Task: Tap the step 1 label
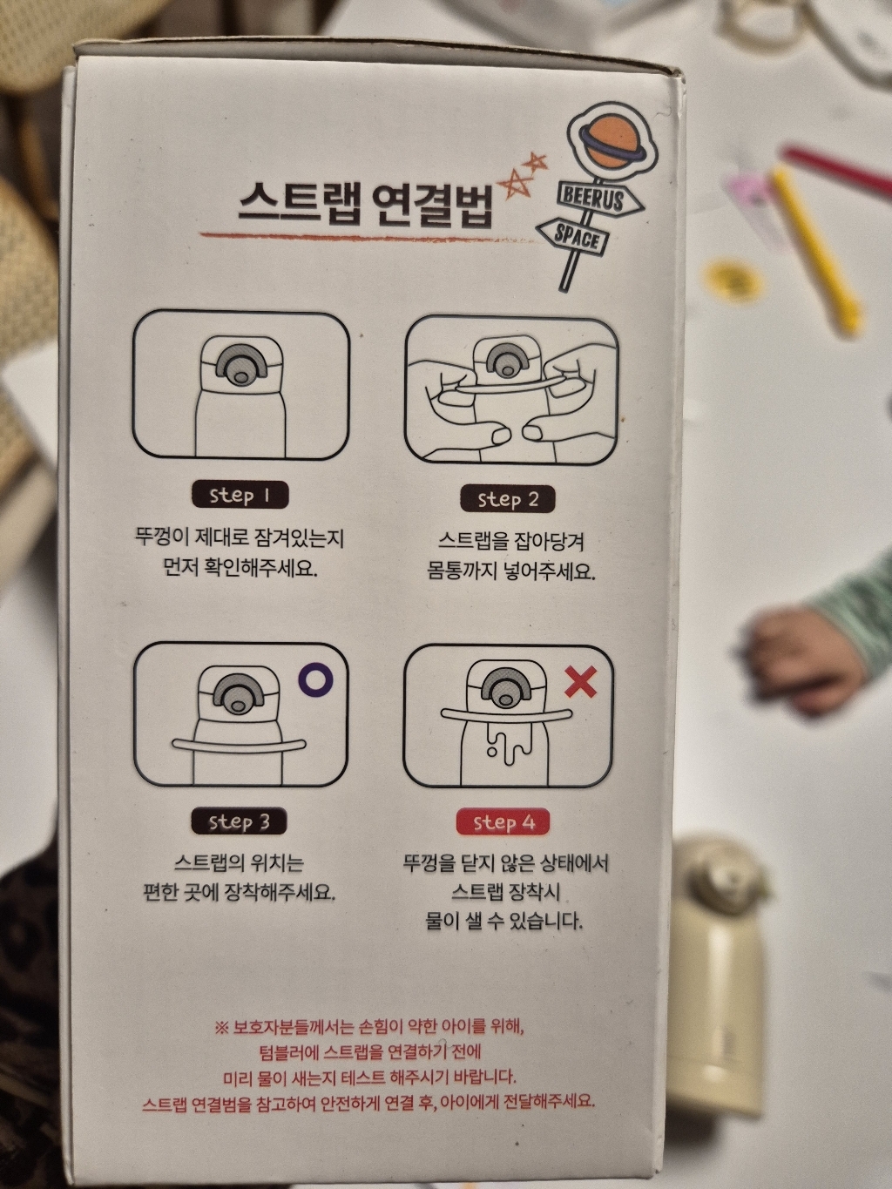click(x=240, y=496)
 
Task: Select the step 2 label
click(x=508, y=499)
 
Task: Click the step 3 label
click(x=239, y=821)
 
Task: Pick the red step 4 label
click(x=503, y=822)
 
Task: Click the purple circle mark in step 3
click(x=314, y=679)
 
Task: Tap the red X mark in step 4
click(x=580, y=682)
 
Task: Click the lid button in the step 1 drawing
click(x=240, y=364)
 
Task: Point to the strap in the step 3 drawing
click(x=239, y=745)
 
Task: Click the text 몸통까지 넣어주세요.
click(x=510, y=571)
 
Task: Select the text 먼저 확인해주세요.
click(x=240, y=568)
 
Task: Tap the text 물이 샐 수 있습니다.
click(x=503, y=921)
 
